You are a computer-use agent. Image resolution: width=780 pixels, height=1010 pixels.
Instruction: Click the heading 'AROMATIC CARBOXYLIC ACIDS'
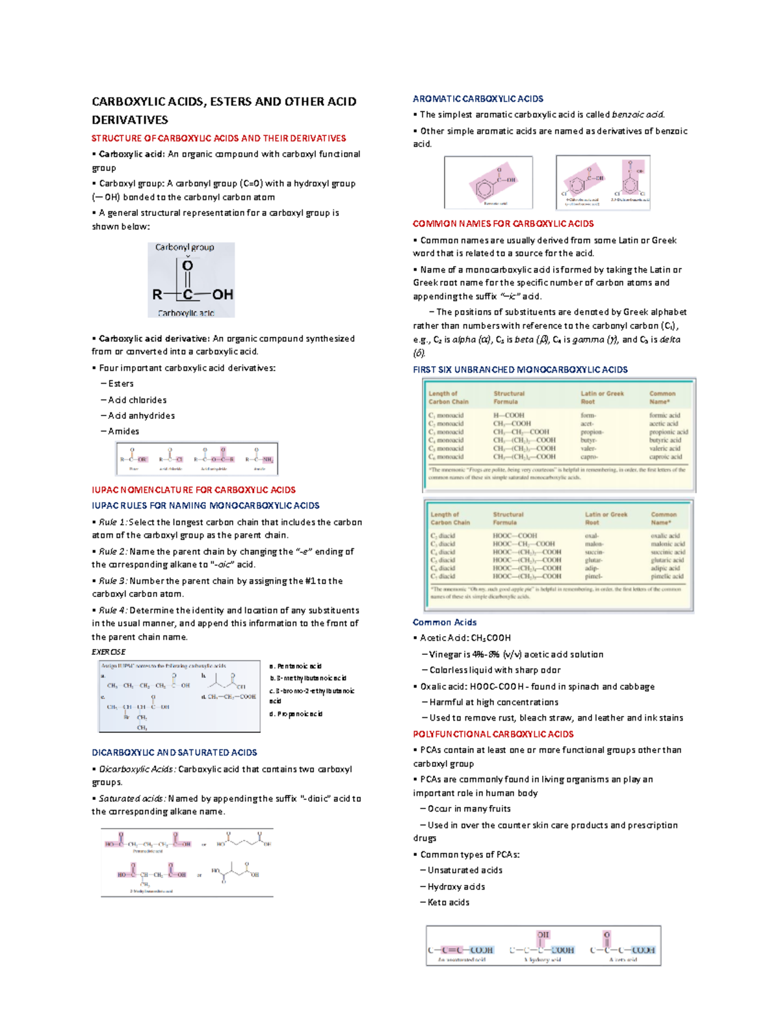click(x=478, y=99)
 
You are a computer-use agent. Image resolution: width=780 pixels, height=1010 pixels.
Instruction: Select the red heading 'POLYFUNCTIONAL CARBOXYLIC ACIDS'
click(x=493, y=734)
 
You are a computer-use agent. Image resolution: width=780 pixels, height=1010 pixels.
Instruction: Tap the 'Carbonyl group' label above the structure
click(x=185, y=247)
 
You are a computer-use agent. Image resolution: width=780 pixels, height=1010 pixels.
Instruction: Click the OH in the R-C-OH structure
click(x=222, y=295)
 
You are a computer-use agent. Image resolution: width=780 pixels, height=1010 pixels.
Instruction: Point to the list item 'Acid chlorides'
click(x=137, y=400)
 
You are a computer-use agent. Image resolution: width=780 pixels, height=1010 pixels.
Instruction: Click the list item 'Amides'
click(x=123, y=431)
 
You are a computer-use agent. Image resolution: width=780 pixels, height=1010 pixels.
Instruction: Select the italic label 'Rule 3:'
click(x=113, y=581)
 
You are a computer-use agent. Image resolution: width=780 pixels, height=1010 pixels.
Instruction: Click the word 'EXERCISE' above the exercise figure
click(x=109, y=652)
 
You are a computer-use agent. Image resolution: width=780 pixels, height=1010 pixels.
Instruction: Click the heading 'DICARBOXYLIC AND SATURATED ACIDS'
click(x=174, y=752)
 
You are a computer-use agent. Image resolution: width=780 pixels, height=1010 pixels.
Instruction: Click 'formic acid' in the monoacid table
click(x=664, y=415)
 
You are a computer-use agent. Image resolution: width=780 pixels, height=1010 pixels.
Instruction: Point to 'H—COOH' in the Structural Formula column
click(x=508, y=415)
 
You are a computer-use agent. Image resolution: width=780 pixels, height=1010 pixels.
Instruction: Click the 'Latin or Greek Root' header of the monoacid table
click(x=601, y=397)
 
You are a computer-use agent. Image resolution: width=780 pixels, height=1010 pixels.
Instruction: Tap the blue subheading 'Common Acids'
click(x=445, y=622)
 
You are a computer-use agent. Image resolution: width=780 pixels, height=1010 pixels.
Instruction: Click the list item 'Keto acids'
click(x=448, y=902)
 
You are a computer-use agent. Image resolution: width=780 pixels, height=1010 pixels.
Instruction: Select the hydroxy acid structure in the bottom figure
click(x=543, y=948)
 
